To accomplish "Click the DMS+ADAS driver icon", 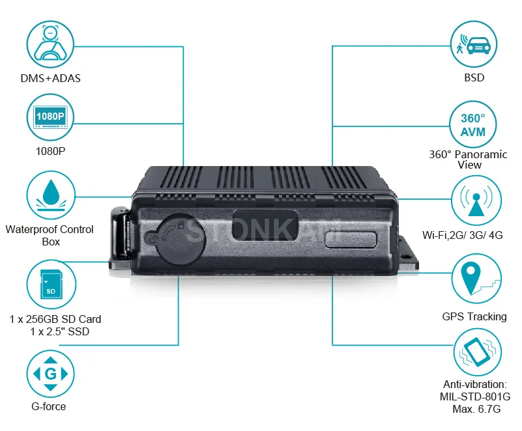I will (50, 45).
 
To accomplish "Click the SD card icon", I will (50, 285).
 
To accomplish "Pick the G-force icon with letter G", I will (50, 374).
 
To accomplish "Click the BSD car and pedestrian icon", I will (474, 45).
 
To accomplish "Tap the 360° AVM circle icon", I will (474, 124).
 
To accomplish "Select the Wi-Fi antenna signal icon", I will (474, 200).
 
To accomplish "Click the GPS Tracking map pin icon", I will (474, 279).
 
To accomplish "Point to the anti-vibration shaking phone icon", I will (474, 354).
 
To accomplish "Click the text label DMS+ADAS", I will (50, 79).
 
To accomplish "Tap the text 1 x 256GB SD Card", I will (55, 320).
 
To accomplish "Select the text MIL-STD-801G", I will (474, 396).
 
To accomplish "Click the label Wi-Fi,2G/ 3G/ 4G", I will (464, 234).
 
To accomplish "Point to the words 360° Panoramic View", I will (469, 160).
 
